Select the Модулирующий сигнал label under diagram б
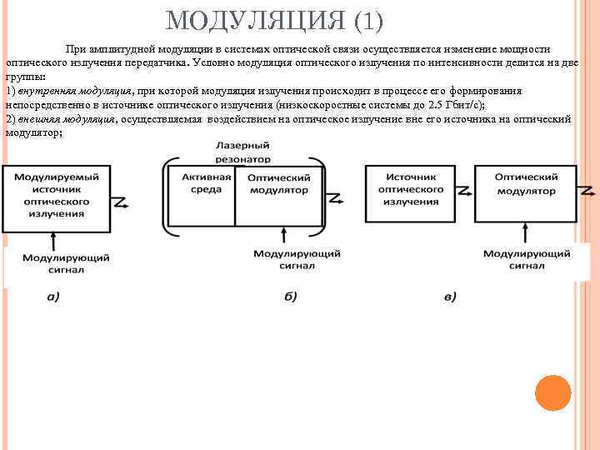click(x=285, y=258)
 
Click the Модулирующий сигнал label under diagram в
click(x=526, y=259)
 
